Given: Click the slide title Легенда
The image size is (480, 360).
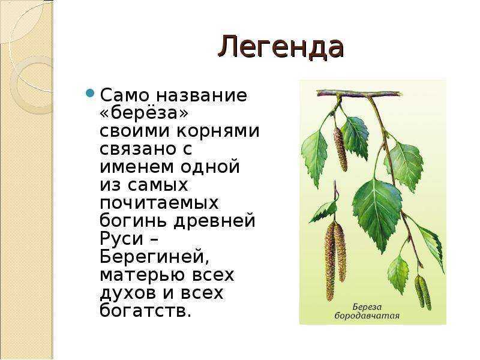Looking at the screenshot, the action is [x=281, y=47].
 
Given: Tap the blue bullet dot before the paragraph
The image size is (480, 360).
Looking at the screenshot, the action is [x=89, y=92].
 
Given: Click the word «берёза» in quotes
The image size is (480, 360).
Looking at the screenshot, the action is [x=144, y=113].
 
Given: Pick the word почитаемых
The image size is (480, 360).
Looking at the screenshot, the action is [x=159, y=203].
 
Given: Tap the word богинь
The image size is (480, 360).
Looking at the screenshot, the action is [x=134, y=220].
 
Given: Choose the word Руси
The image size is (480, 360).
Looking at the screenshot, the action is [x=122, y=238].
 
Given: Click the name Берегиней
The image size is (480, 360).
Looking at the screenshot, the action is [x=155, y=257].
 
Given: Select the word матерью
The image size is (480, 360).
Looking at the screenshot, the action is [x=142, y=275].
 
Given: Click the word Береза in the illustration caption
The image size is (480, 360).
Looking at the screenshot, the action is [x=367, y=307].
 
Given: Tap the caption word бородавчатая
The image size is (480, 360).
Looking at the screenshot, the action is [x=367, y=316].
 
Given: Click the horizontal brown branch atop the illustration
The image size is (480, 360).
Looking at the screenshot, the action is [x=359, y=94].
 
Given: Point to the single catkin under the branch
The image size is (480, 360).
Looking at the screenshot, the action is [x=341, y=149].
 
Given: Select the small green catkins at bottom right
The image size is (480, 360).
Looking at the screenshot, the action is [x=423, y=292].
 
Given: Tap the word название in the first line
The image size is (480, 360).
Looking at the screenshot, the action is [x=202, y=95].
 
